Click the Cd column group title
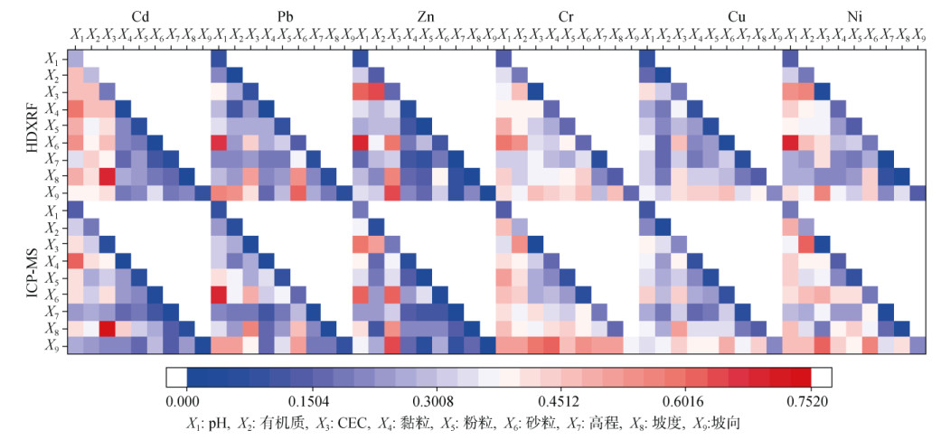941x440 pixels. click(x=141, y=16)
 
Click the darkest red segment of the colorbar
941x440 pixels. click(x=800, y=377)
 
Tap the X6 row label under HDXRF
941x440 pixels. click(x=52, y=143)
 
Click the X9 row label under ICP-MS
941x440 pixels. click(x=52, y=344)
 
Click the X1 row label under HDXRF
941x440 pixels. click(x=52, y=59)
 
